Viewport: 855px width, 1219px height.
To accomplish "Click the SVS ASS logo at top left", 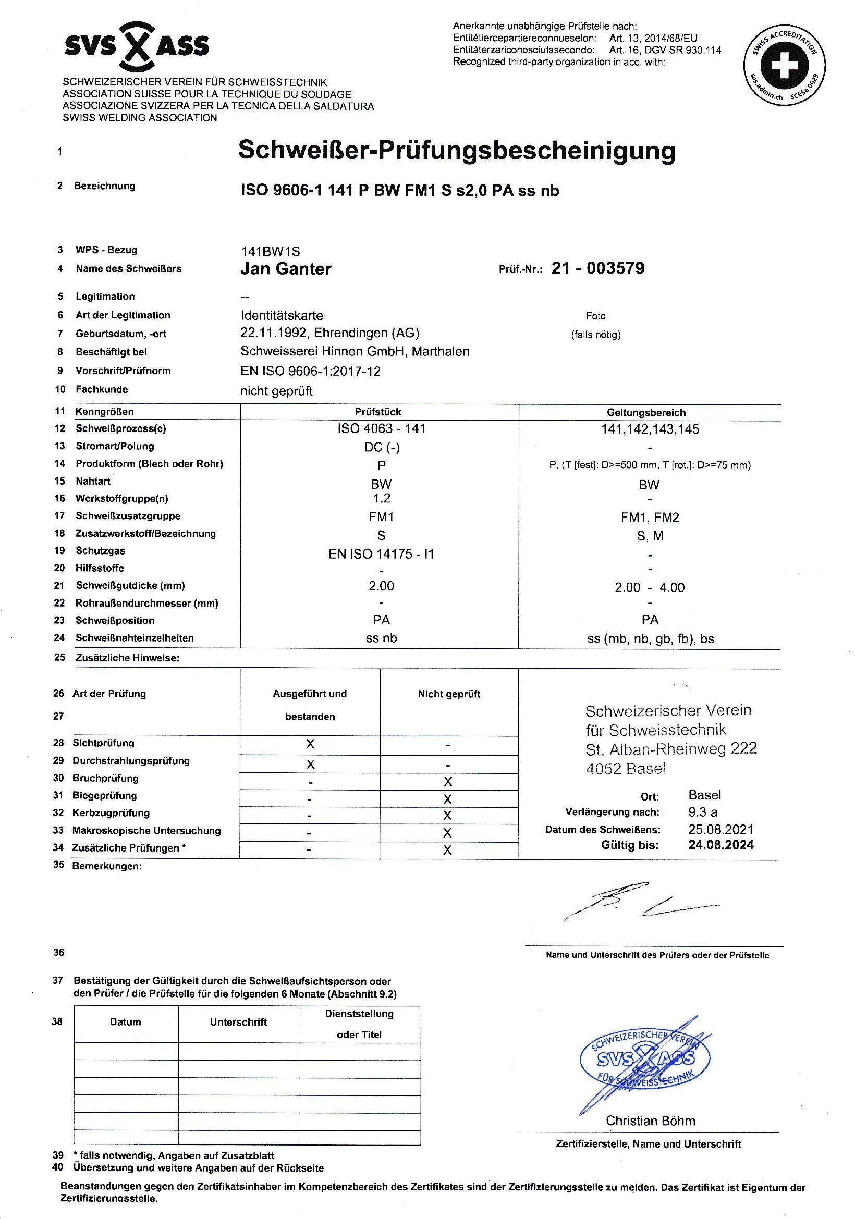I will coord(137,47).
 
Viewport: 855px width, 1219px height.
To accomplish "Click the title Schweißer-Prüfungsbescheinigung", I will coord(457,151).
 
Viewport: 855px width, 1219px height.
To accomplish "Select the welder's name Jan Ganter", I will coord(286,269).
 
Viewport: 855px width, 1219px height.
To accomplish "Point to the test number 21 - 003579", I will coord(597,268).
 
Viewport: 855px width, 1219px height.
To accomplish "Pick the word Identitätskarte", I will coord(282,315).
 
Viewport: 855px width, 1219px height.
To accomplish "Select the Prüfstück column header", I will coord(377,412).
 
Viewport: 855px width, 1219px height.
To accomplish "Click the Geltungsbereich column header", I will coord(649,413).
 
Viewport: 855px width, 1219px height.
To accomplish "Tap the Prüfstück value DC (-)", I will coord(381,447).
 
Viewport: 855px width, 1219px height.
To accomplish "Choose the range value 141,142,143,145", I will coord(650,429).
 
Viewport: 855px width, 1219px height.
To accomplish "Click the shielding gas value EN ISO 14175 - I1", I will coord(381,555).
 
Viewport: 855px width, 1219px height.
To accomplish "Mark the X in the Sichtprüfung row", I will coord(311,744).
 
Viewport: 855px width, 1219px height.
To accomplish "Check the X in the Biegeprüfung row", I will coord(448,798).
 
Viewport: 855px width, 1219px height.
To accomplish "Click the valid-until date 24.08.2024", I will coord(720,845).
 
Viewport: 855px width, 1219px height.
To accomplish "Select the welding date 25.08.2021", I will coord(720,829).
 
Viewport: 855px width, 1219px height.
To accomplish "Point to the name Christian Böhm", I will coord(650,1121).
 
